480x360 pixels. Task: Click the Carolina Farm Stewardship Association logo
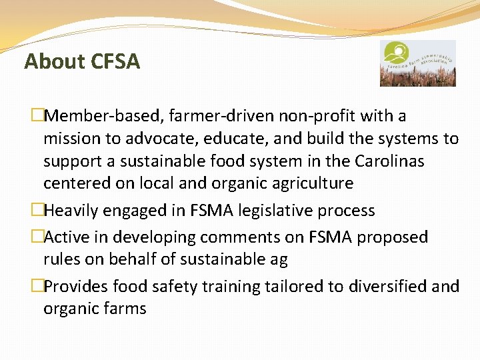417,63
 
